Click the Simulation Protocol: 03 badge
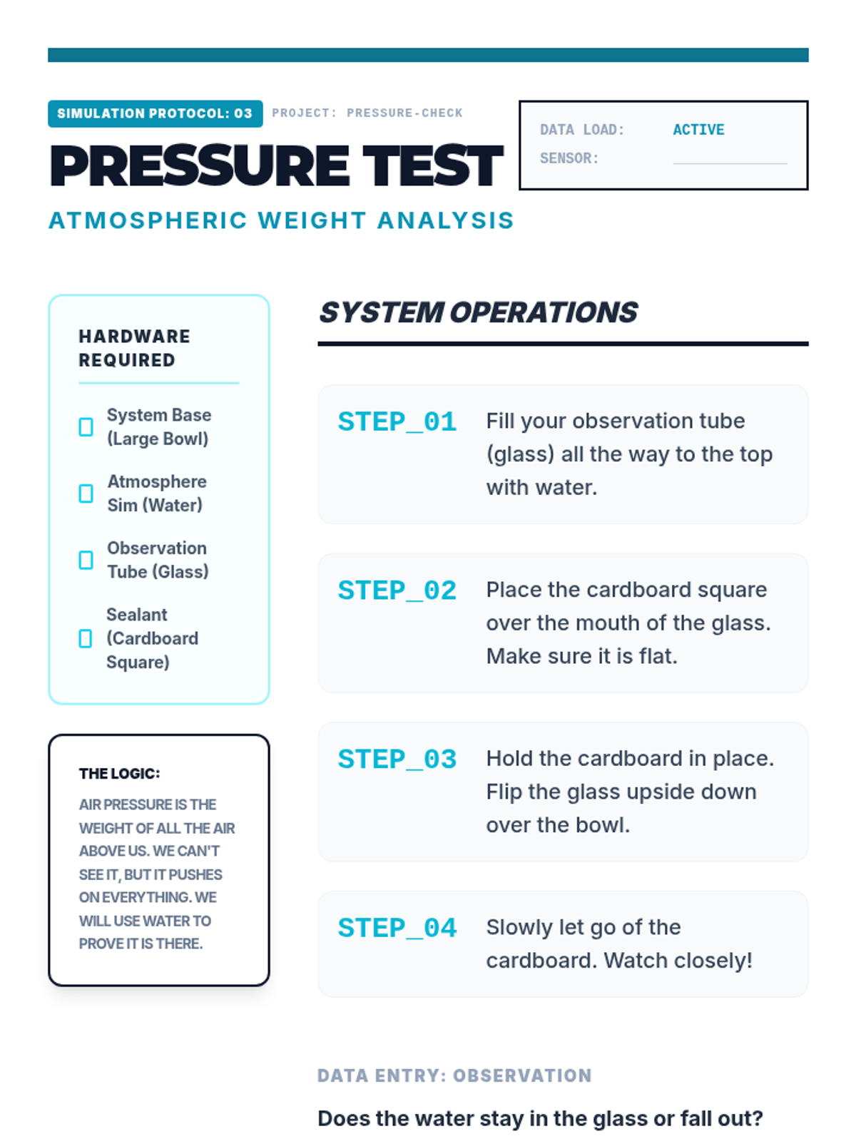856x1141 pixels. point(155,113)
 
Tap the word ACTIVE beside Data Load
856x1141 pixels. point(698,130)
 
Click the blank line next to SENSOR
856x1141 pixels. point(730,163)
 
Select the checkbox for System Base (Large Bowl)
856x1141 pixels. point(86,426)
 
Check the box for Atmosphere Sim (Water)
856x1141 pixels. point(86,493)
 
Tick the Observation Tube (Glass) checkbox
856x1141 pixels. point(86,560)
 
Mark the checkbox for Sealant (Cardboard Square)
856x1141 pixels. point(85,638)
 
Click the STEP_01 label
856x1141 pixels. point(397,421)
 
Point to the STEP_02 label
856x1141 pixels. point(397,590)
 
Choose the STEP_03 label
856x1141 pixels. point(397,759)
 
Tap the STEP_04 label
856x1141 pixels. point(397,928)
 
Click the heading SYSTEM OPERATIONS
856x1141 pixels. point(478,312)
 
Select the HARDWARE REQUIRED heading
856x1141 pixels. point(134,348)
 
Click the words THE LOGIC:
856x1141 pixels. point(120,774)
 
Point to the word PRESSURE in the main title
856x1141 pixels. point(200,166)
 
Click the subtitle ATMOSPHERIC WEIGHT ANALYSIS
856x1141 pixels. point(281,220)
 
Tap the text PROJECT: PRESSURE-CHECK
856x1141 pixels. point(367,113)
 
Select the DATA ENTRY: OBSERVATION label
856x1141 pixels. point(455,1075)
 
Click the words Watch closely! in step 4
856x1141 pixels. point(678,961)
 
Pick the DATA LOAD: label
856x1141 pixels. point(582,130)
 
